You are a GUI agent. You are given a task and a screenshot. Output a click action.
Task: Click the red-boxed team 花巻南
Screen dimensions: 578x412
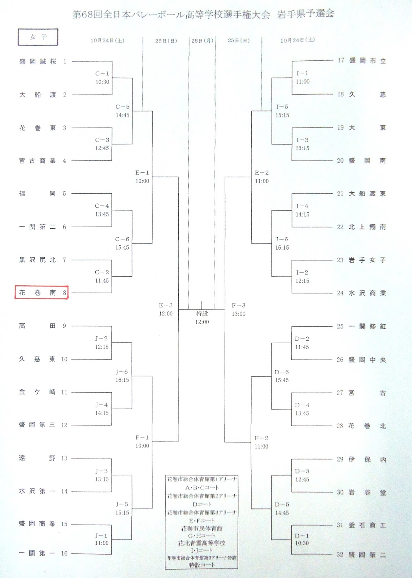pos(42,293)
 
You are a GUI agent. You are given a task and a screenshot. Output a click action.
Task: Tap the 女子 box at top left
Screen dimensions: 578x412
pos(38,37)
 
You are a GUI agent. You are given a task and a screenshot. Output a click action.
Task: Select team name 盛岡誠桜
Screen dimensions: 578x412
pos(38,62)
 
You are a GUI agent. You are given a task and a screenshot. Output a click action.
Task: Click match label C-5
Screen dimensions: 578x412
pos(122,107)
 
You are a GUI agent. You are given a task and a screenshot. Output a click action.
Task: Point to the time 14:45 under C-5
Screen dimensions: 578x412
pos(122,115)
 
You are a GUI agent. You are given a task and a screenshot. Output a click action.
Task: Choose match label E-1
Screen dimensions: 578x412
pos(142,173)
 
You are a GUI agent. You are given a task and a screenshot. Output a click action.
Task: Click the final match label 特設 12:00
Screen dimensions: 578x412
pos(202,318)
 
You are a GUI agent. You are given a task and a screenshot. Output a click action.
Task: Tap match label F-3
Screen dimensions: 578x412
pos(239,306)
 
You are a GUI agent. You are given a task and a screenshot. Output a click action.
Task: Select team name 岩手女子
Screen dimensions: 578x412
pos(367,260)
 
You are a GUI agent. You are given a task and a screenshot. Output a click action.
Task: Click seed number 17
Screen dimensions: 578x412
pos(341,60)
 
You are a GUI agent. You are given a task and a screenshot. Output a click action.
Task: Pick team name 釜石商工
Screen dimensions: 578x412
pos(367,525)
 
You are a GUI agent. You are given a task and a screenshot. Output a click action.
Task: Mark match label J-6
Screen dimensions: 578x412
pos(122,372)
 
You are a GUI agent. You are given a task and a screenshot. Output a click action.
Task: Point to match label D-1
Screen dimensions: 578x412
pos(302,536)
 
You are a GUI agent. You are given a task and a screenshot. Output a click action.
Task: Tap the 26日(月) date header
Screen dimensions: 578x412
pos(202,41)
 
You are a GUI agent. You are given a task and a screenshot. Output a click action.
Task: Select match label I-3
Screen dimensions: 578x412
pos(302,140)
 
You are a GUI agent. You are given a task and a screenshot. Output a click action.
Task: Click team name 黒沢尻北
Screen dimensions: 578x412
pos(38,260)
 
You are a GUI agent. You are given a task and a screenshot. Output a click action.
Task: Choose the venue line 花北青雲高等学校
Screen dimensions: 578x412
pos(202,543)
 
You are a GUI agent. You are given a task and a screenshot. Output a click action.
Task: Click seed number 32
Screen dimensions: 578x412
pos(340,555)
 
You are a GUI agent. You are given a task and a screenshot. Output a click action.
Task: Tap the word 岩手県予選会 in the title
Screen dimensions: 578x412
pos(305,14)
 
